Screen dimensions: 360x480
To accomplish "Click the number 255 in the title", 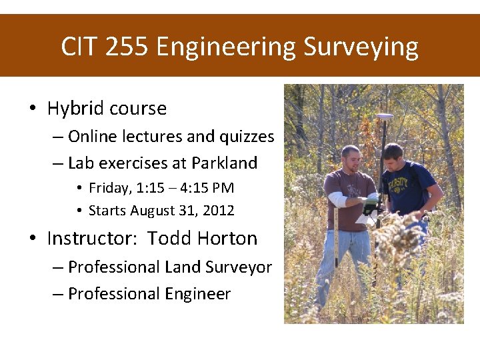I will [x=127, y=47].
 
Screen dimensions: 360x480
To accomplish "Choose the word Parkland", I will [x=224, y=163].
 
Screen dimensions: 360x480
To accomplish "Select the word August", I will [x=153, y=211].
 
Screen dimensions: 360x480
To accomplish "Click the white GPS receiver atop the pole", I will [x=385, y=117].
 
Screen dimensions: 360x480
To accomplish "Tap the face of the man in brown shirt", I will [x=352, y=159].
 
